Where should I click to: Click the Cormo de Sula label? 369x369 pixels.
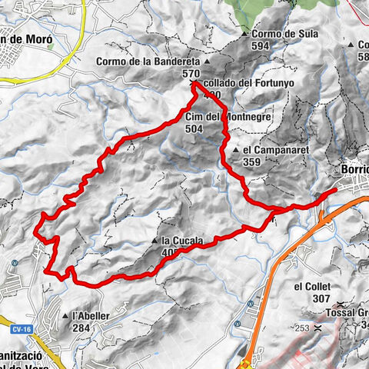280,35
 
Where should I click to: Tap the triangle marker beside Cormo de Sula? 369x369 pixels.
244,35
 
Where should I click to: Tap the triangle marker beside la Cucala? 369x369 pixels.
157,241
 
